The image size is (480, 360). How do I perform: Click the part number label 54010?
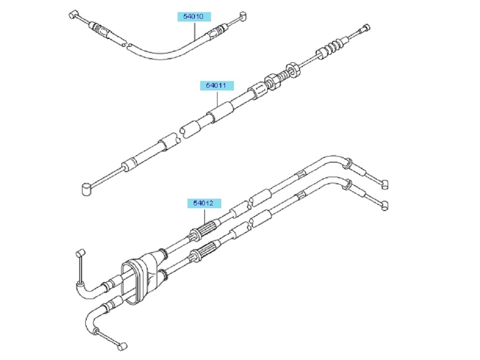193,17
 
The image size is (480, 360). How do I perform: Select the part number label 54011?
216,86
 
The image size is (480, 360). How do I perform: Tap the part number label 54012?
204,203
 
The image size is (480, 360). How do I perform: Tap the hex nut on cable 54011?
294,69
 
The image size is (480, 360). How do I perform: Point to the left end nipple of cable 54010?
73,14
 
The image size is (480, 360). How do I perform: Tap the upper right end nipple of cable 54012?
384,183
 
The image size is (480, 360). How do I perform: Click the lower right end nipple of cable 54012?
384,204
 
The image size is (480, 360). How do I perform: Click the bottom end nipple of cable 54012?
122,346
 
